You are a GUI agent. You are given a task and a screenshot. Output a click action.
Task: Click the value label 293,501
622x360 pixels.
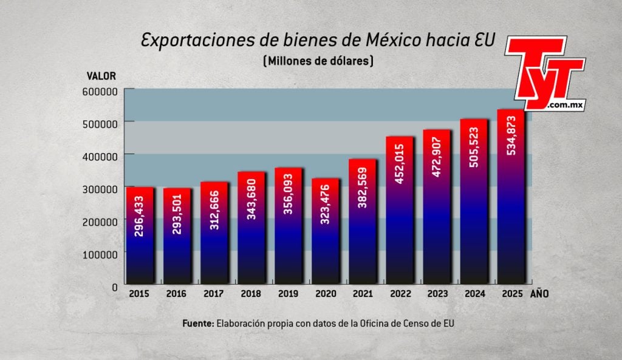pyautogui.click(x=177, y=216)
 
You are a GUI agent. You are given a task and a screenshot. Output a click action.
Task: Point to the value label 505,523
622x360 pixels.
pyautogui.click(x=474, y=149)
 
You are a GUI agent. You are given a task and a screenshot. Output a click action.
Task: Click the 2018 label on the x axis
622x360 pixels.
pyautogui.click(x=251, y=294)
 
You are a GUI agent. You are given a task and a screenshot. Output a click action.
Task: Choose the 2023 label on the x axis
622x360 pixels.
pyautogui.click(x=437, y=294)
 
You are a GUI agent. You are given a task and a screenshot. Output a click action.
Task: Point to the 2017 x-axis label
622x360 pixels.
pyautogui.click(x=214, y=294)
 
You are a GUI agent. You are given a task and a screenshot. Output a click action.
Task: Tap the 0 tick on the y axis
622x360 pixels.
pyautogui.click(x=114, y=287)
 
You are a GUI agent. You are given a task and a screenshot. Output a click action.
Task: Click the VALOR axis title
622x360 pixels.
pyautogui.click(x=101, y=76)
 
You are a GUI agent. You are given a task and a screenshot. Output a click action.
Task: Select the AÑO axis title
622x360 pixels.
pyautogui.click(x=541, y=294)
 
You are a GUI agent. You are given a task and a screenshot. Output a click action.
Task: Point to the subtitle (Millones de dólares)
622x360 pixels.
pyautogui.click(x=318, y=61)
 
